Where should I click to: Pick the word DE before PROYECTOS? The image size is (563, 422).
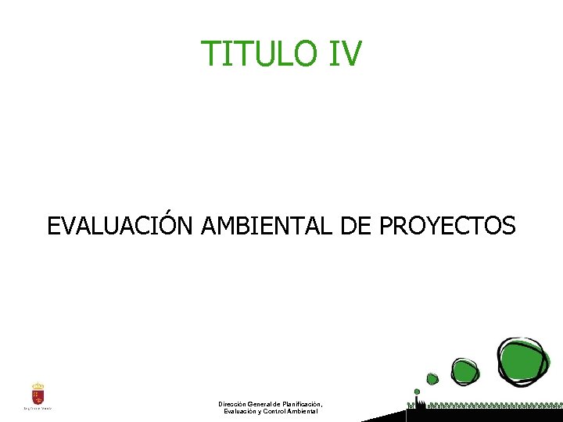tap(357, 226)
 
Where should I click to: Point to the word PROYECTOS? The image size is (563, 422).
tap(447, 226)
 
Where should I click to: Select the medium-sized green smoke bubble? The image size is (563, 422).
tap(463, 370)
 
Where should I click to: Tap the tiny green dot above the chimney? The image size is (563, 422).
tap(417, 392)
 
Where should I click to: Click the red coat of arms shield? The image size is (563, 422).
tap(38, 395)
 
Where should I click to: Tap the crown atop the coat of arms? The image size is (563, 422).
tap(38, 385)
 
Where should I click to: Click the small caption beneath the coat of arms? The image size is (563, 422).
tap(38, 407)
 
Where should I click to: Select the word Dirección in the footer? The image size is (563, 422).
tap(234, 404)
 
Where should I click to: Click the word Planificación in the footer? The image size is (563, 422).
tap(300, 404)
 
